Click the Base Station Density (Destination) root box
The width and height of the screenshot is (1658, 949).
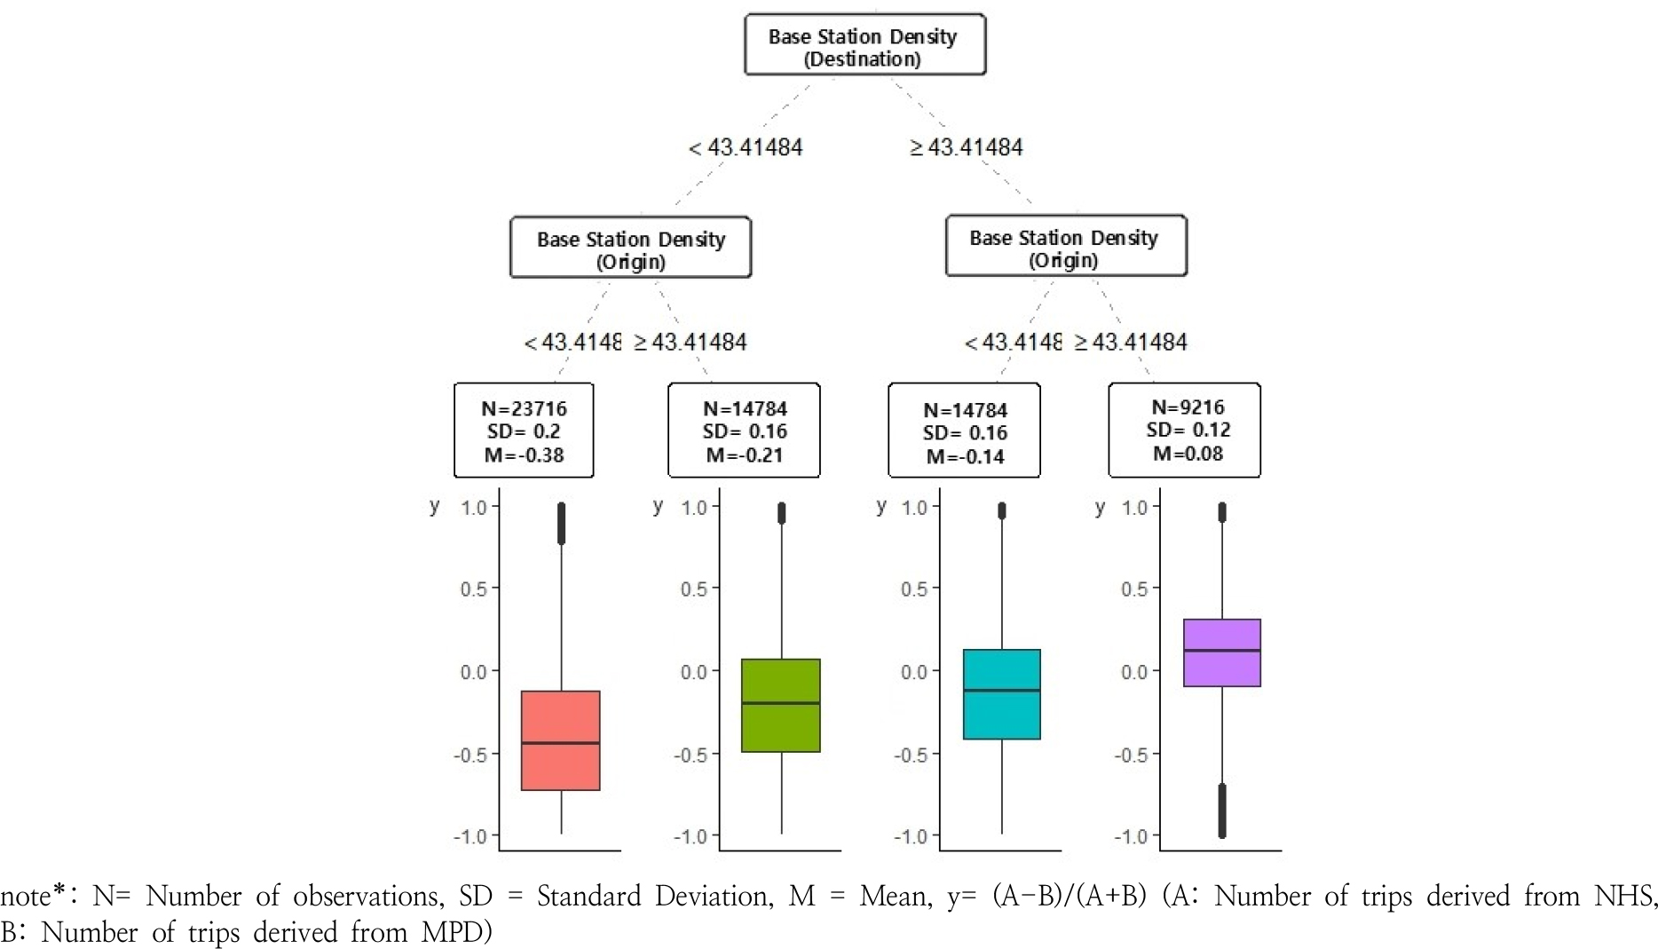[865, 45]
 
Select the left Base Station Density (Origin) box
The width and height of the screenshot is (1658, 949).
[630, 248]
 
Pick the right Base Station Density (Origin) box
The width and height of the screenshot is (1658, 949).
[1065, 246]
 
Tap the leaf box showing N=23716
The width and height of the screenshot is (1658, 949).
[524, 431]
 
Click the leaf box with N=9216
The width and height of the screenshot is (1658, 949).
[1184, 431]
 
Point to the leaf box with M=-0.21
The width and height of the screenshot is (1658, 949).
[744, 431]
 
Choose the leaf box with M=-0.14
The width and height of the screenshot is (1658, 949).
[964, 431]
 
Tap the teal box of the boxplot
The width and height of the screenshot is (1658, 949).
[1001, 715]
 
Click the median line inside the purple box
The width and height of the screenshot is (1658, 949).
[1221, 651]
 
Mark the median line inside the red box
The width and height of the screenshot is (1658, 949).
[560, 743]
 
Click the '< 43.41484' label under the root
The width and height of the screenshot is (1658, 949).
[746, 147]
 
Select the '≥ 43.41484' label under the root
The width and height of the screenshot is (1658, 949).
[967, 147]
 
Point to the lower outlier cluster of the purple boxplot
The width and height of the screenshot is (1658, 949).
[1222, 811]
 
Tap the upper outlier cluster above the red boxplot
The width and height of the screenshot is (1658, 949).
[561, 523]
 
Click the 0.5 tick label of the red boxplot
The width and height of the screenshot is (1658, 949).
[473, 589]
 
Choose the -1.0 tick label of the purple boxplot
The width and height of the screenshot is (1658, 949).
[1133, 836]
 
